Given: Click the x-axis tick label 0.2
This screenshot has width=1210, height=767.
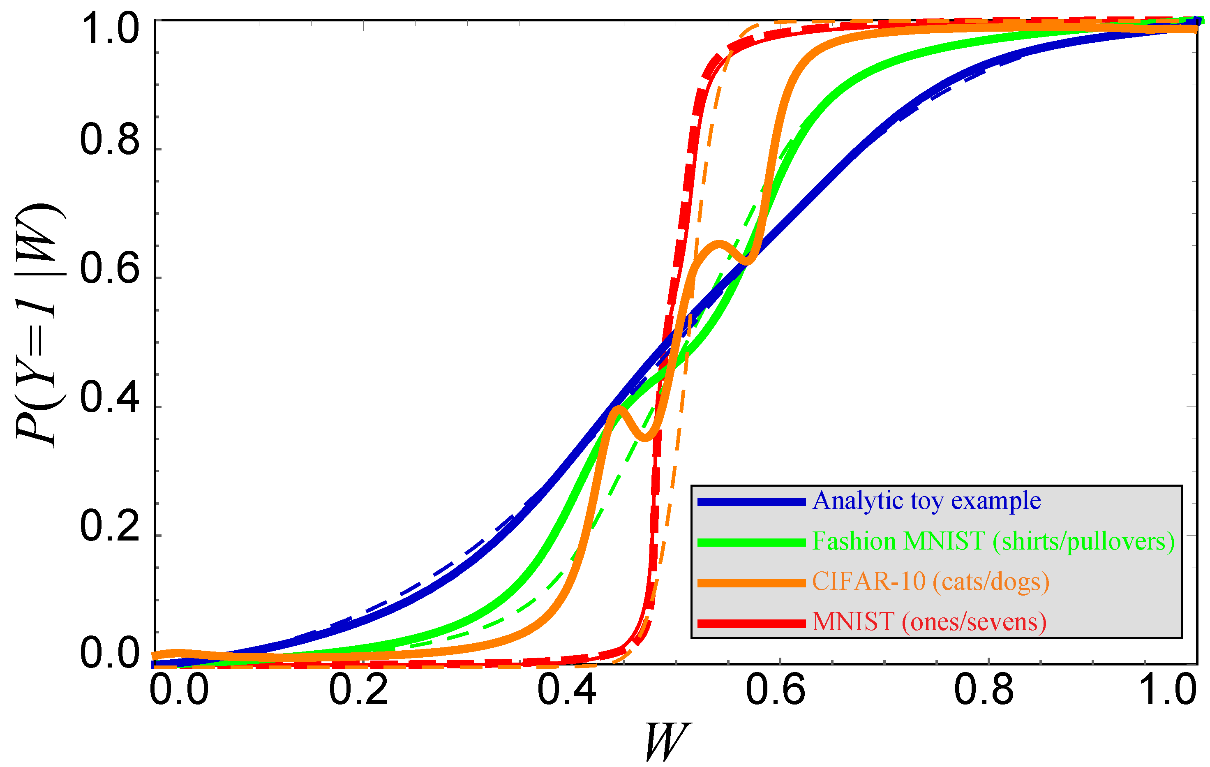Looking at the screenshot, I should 358,690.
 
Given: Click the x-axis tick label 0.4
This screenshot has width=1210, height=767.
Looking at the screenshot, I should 567,690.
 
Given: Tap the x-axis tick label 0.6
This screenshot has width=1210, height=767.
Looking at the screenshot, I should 775,690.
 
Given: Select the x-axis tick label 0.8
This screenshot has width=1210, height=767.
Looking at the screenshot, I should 984,690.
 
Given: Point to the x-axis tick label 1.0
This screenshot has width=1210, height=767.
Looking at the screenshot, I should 1169,690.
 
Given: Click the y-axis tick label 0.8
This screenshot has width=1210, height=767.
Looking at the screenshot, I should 110,139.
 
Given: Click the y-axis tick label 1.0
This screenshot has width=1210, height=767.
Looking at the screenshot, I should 110,29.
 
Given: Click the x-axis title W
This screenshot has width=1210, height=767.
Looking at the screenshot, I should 666,742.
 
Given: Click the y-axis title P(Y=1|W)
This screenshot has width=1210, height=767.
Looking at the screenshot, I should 40,325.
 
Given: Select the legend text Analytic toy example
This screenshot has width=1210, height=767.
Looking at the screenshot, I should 926,501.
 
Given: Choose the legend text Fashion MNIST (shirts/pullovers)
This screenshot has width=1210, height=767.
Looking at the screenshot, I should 993,542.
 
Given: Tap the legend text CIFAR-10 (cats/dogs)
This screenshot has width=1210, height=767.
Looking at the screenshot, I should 931,582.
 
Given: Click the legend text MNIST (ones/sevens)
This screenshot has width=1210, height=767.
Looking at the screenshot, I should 929,622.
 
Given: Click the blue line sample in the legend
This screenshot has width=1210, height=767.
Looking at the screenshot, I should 751,501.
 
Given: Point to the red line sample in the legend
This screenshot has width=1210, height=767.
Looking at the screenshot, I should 751,623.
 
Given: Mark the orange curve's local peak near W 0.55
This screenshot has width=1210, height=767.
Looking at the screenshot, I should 720,244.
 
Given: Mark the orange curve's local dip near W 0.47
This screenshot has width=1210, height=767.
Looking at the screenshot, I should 646,437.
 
